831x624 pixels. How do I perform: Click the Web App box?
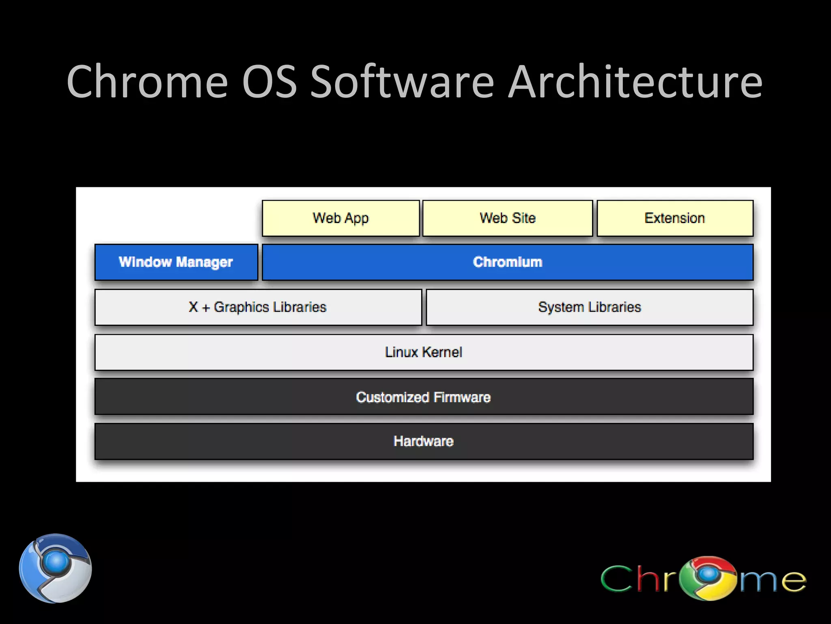pos(340,218)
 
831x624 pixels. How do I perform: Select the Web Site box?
pos(507,218)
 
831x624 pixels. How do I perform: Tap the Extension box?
pos(675,218)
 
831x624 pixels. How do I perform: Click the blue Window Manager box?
pos(176,262)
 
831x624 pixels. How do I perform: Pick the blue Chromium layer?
pos(507,262)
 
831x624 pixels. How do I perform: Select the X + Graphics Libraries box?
pos(258,307)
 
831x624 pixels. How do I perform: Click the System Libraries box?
pos(589,307)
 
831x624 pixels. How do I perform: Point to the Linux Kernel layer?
pos(424,352)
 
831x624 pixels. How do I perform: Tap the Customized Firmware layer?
pos(424,397)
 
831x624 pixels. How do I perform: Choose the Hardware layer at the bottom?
pos(424,441)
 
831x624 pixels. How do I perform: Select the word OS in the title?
pos(269,82)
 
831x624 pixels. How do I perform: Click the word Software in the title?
pos(402,82)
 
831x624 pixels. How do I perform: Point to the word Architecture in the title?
pos(635,82)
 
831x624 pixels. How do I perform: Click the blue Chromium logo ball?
pos(56,568)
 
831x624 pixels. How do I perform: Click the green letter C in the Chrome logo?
pos(617,578)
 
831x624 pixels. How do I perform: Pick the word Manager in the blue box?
pos(204,262)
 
